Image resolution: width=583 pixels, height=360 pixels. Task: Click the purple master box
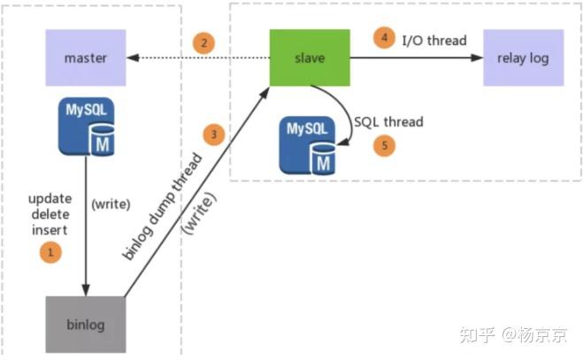[x=86, y=58]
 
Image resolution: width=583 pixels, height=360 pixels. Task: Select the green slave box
[x=309, y=58]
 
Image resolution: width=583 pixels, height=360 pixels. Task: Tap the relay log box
[x=523, y=58]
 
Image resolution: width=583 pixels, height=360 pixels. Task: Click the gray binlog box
[x=86, y=325]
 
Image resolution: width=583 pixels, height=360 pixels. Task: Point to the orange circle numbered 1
[x=52, y=252]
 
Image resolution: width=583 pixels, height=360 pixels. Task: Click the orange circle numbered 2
[x=204, y=42]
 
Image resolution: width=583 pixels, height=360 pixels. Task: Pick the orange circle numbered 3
[x=213, y=134]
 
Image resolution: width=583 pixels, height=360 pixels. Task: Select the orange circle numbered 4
[x=383, y=38]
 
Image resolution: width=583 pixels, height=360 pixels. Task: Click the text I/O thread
[x=434, y=40]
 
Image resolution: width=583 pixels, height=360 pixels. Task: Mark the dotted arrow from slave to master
[x=199, y=58]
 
